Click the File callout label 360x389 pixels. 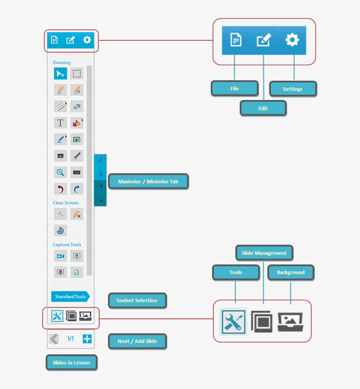pyautogui.click(x=234, y=88)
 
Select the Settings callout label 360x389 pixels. pyautogui.click(x=293, y=89)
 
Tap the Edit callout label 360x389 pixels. pyautogui.click(x=263, y=108)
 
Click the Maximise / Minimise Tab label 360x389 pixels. pyautogui.click(x=148, y=182)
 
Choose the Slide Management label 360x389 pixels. pyautogui.click(x=264, y=253)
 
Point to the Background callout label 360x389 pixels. pyautogui.click(x=291, y=272)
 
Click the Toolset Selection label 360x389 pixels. pyautogui.click(x=137, y=300)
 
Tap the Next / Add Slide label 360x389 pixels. pyautogui.click(x=137, y=341)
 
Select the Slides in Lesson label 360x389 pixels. pyautogui.click(x=72, y=362)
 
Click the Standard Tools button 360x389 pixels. pyautogui.click(x=70, y=296)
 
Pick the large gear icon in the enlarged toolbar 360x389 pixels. pyautogui.click(x=292, y=40)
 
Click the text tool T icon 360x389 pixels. pyautogui.click(x=60, y=123)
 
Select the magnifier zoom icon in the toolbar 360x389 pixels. pyautogui.click(x=60, y=172)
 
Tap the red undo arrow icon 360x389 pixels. pyautogui.click(x=60, y=189)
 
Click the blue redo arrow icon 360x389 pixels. pyautogui.click(x=77, y=189)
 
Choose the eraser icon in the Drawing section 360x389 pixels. pyautogui.click(x=77, y=107)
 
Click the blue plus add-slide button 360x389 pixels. pyautogui.click(x=87, y=339)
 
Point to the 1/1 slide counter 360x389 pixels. pyautogui.click(x=71, y=339)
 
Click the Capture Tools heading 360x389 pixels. pyautogui.click(x=67, y=245)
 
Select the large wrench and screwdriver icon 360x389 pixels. pyautogui.click(x=234, y=322)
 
